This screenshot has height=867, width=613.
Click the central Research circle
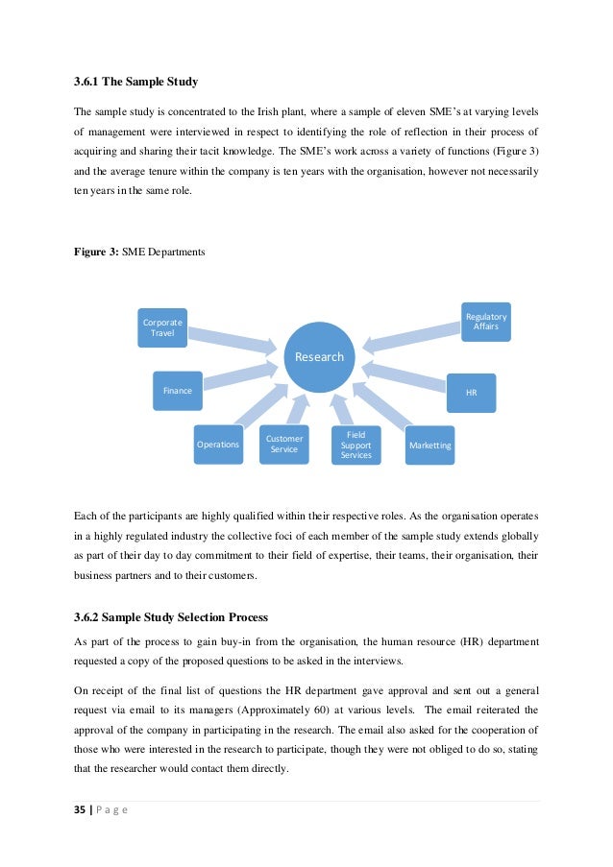pos(319,356)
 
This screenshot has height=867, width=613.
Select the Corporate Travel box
pos(162,327)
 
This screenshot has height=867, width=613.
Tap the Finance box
pos(178,391)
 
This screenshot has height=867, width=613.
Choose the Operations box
pos(218,445)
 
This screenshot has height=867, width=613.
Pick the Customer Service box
pos(284,444)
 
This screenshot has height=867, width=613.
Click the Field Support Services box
pos(356,445)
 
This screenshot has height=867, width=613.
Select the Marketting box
pos(429,446)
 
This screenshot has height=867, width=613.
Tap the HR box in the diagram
pos(471,393)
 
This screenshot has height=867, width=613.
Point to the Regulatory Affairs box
pos(486,322)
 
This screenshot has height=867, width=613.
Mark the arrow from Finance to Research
pos(240,376)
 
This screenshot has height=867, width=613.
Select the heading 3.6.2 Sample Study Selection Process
pos(171,616)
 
